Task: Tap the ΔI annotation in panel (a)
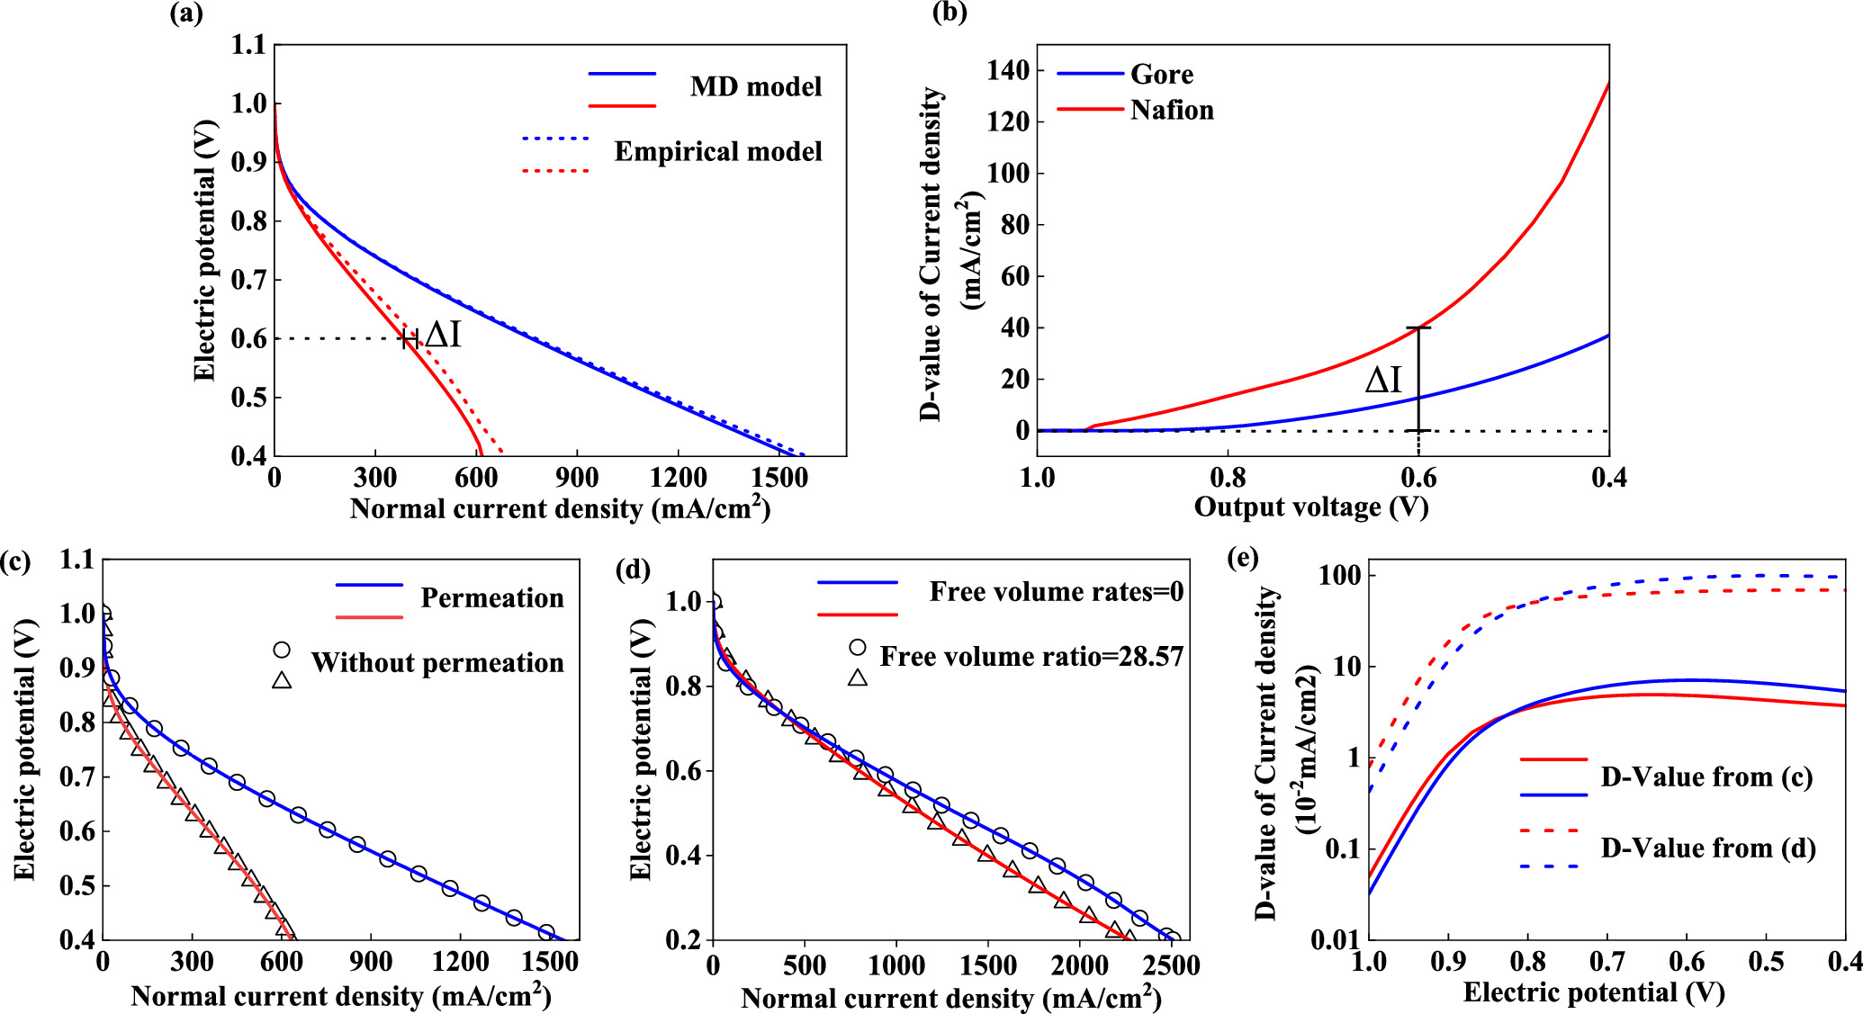[443, 336]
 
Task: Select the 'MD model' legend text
[756, 87]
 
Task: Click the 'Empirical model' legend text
[718, 152]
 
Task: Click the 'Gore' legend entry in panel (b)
[1162, 74]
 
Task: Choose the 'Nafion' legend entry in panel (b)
[1172, 110]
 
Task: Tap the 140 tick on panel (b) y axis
[1008, 70]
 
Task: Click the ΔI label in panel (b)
[1383, 381]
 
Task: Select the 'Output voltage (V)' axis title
[1311, 507]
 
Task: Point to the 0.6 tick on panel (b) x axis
[1418, 477]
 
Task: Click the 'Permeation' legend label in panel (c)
[492, 598]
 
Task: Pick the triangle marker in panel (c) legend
[282, 680]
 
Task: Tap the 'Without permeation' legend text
[437, 663]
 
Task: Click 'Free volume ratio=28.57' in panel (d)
[1031, 657]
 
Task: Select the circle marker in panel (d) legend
[858, 647]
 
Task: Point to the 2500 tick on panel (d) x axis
[1172, 966]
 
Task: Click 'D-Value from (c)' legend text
[1706, 777]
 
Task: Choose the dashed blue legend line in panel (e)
[1551, 866]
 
